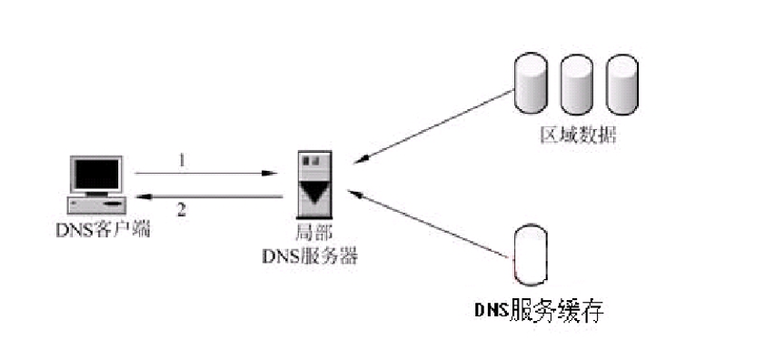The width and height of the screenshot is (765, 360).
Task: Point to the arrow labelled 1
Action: pos(204,173)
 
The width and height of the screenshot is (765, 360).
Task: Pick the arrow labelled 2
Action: pos(209,196)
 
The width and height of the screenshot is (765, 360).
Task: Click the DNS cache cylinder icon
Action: pos(532,251)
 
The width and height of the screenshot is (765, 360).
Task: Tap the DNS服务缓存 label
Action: pos(539,311)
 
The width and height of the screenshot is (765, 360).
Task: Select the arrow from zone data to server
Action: pos(432,125)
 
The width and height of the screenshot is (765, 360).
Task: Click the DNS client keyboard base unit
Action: pos(96,204)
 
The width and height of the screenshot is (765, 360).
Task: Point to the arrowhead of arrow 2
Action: pos(140,196)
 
